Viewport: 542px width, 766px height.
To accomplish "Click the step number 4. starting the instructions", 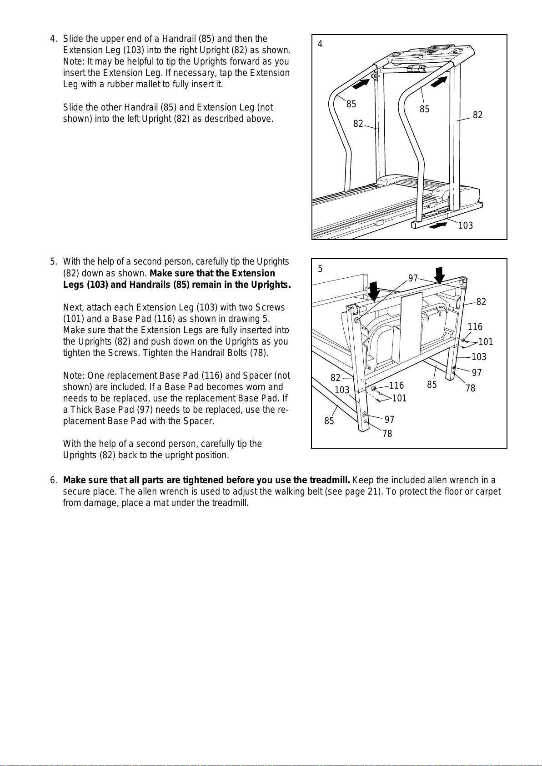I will (x=54, y=39).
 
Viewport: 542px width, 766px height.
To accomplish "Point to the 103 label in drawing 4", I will (x=465, y=225).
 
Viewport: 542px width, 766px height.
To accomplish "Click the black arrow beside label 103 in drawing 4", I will (x=438, y=225).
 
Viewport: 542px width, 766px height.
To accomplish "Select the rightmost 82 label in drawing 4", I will (x=477, y=115).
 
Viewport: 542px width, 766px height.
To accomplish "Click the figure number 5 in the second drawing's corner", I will (x=320, y=269).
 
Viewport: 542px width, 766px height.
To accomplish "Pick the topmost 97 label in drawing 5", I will (x=413, y=278).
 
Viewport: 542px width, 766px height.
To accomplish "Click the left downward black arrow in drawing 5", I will (x=374, y=291).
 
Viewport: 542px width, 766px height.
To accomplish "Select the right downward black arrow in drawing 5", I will (x=439, y=275).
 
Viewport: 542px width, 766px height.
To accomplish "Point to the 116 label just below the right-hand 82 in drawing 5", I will (x=475, y=327).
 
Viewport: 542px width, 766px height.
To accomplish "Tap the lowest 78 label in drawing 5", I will (x=387, y=434).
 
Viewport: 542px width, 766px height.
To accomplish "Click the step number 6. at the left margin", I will (x=54, y=481).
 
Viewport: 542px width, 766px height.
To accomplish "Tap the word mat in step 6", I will (x=155, y=503).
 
